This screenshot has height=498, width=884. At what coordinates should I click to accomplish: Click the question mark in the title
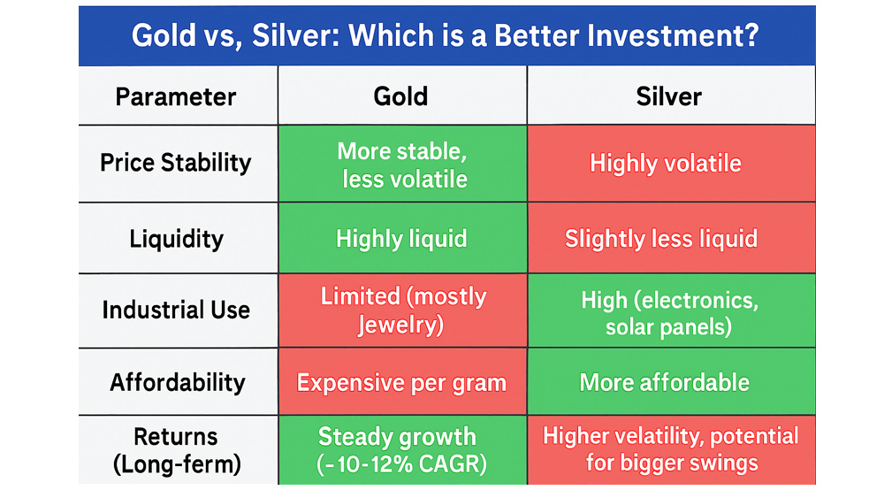[751, 35]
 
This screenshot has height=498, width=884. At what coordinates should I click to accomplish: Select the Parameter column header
[176, 97]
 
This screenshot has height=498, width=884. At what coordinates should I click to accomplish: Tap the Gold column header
[400, 96]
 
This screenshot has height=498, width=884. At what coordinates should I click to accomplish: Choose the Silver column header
[669, 96]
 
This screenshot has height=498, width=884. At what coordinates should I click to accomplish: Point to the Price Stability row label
[176, 164]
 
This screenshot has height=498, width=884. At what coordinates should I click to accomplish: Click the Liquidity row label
[177, 239]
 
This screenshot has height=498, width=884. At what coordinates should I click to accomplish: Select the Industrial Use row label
[176, 310]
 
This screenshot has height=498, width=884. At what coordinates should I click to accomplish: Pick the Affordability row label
[178, 382]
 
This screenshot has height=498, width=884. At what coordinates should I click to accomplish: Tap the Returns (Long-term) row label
[177, 450]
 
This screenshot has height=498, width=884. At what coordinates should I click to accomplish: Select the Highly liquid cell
[401, 239]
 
